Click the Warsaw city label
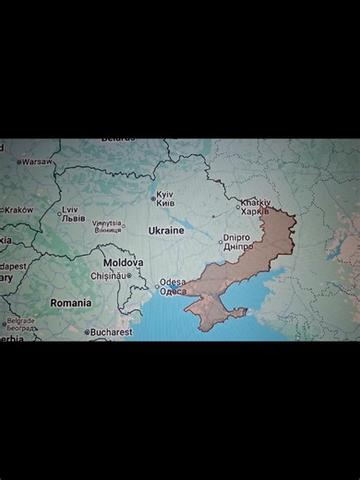click(38, 162)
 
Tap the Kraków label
click(18, 210)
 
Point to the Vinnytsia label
click(107, 226)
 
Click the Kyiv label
click(165, 198)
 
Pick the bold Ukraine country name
click(166, 231)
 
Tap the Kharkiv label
click(255, 207)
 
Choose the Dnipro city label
click(237, 242)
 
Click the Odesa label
click(173, 286)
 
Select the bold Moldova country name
click(123, 262)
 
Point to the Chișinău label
click(107, 275)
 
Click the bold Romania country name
click(71, 303)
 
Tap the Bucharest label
click(111, 332)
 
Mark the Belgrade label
click(20, 324)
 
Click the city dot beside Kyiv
click(153, 198)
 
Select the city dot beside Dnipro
click(221, 242)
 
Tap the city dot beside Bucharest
click(87, 332)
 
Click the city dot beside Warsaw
click(18, 162)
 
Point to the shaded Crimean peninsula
click(214, 312)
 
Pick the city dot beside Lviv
click(59, 214)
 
